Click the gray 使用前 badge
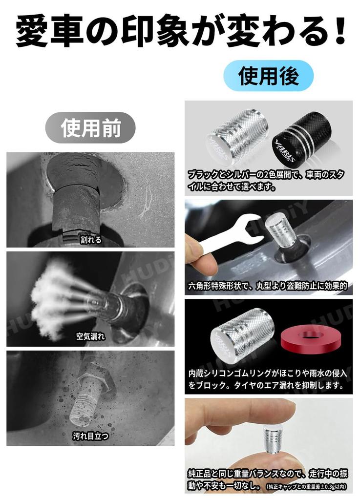[x=90, y=127]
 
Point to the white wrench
[x=230, y=235]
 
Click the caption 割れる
[x=90, y=240]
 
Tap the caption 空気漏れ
[x=90, y=336]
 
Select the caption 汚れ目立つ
[x=90, y=436]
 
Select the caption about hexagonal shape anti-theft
[x=268, y=286]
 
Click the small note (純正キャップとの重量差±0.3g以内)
[x=307, y=486]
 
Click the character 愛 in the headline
[x=36, y=32]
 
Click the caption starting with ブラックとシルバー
[x=268, y=179]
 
